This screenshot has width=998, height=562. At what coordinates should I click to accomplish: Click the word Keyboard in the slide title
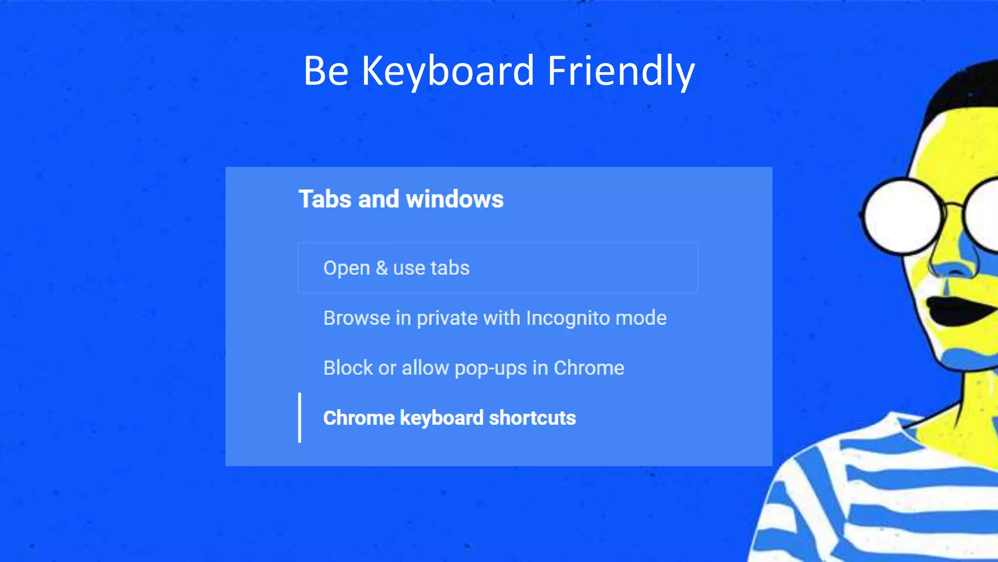pyautogui.click(x=447, y=71)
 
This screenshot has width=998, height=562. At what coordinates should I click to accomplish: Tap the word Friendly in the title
pyautogui.click(x=621, y=71)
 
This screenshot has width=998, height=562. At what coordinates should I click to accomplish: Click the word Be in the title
pyautogui.click(x=326, y=71)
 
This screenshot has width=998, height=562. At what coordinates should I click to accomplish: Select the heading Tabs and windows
pyautogui.click(x=401, y=199)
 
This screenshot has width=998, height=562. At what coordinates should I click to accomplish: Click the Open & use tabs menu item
pyautogui.click(x=396, y=268)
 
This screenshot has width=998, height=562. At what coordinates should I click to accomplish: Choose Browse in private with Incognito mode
pyautogui.click(x=495, y=318)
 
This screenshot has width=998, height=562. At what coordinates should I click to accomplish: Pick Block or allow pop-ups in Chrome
pyautogui.click(x=474, y=368)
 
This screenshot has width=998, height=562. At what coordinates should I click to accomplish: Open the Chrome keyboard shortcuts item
pyautogui.click(x=449, y=418)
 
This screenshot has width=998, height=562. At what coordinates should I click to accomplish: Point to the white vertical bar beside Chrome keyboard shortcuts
pyautogui.click(x=300, y=418)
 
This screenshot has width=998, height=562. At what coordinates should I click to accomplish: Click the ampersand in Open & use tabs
pyautogui.click(x=382, y=268)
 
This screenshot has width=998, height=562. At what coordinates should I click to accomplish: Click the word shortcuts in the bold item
pyautogui.click(x=532, y=418)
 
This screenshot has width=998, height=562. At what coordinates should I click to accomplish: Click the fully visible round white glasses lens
pyautogui.click(x=902, y=216)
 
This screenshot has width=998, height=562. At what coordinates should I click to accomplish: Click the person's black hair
pyautogui.click(x=962, y=88)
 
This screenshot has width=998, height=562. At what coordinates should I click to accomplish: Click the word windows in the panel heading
pyautogui.click(x=455, y=199)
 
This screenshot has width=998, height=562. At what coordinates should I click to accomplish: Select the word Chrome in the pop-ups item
pyautogui.click(x=589, y=368)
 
